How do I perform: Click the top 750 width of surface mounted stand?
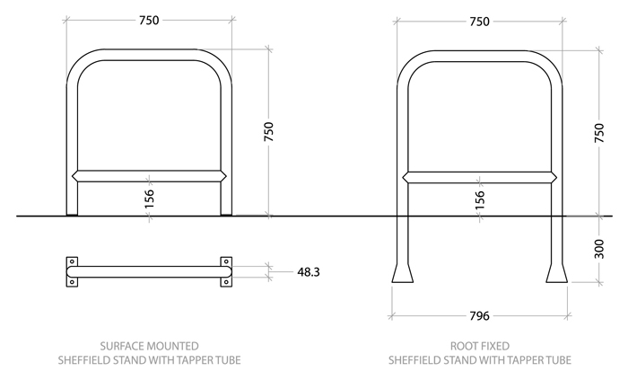[x=149, y=21]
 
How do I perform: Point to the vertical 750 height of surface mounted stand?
[x=268, y=131]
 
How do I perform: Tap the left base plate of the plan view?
[x=73, y=272]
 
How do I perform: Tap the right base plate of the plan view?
[x=225, y=272]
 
